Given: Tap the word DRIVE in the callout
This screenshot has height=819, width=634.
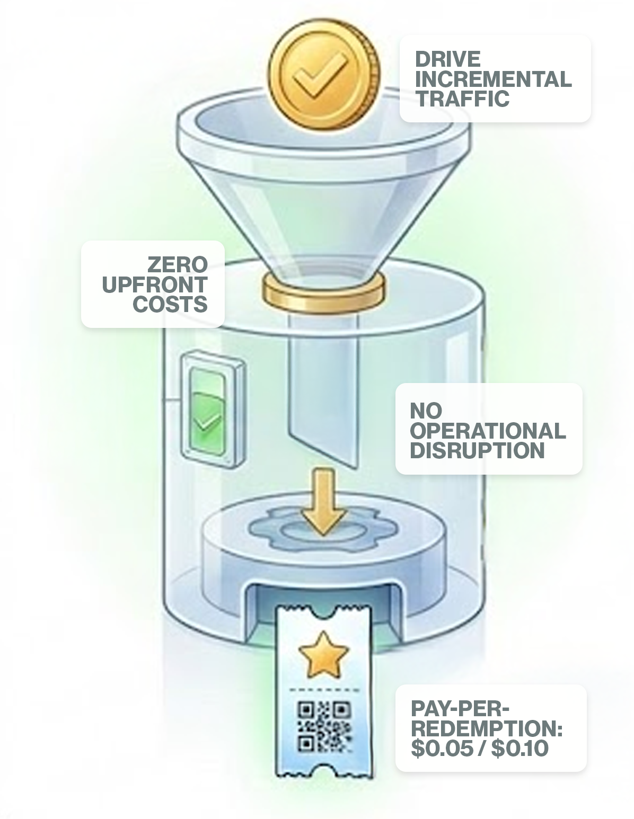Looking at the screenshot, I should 447,59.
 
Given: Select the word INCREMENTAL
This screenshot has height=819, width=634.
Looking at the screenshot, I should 493,79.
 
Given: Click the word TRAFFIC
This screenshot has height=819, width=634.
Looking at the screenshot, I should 462,99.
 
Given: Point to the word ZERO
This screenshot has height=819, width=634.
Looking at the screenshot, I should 177,264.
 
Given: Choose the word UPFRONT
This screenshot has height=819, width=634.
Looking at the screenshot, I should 154,284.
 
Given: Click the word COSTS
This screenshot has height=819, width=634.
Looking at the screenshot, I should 170,305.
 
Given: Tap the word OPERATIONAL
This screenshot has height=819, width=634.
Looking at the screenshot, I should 488,431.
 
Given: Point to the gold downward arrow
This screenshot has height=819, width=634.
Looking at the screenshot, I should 323,502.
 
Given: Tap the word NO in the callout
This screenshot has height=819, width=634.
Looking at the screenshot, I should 426,411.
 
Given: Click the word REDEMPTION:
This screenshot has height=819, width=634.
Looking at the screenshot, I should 486,729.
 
